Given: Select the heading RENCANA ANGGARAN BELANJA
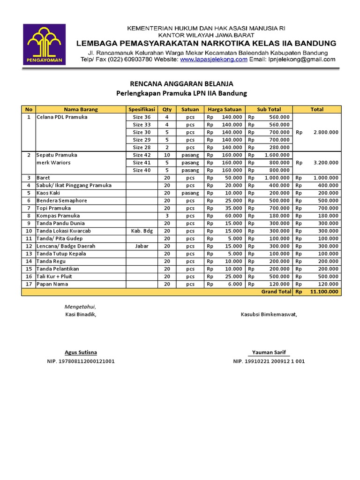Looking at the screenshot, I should (181, 84).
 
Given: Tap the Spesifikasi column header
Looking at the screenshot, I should (142, 109).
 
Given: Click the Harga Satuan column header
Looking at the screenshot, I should (225, 109).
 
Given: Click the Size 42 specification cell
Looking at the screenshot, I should (142, 155).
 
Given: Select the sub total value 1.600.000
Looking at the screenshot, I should (277, 155).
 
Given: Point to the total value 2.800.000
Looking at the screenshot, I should (324, 132).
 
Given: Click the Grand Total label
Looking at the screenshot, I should (276, 292).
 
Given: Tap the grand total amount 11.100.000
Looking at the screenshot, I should (324, 292).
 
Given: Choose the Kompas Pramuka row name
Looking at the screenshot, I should (58, 216).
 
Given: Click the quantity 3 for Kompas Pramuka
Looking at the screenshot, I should (167, 216).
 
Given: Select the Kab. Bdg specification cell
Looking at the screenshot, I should (142, 231).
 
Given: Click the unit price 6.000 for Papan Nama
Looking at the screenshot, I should (234, 284).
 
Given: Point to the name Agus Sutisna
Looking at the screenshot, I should (81, 352).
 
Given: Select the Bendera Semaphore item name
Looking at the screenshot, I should (62, 201).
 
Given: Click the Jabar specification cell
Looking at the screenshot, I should (142, 246).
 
